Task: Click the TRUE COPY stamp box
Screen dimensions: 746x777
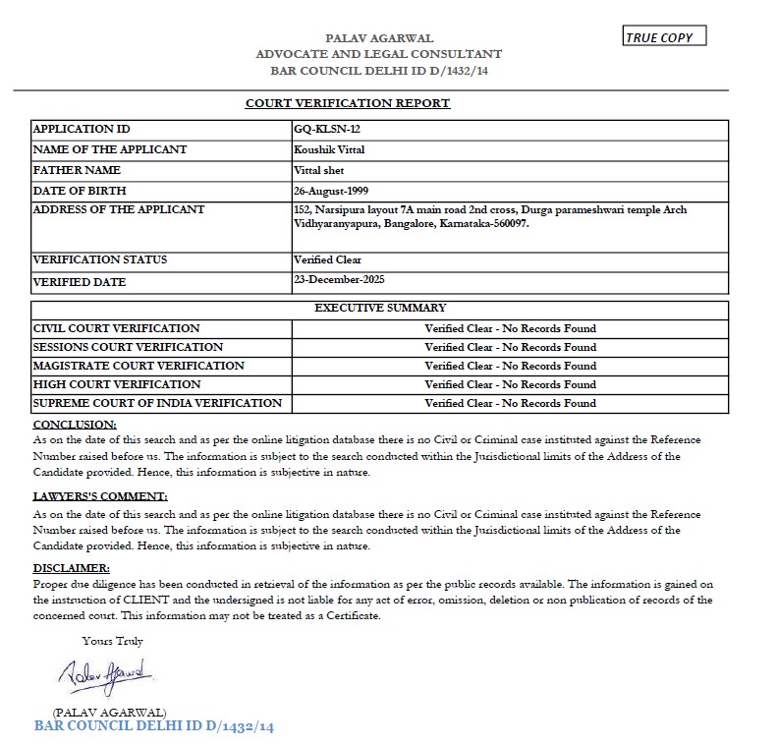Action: pos(664,37)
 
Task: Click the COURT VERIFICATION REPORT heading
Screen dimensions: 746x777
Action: pos(348,103)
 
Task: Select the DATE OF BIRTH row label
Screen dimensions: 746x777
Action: pos(80,191)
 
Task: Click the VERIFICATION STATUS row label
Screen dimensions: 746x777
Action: pos(100,259)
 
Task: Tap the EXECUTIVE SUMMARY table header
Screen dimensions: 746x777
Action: pos(380,309)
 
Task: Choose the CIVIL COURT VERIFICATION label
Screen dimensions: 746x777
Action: pos(117,328)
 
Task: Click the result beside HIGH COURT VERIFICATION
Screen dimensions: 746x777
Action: pos(510,384)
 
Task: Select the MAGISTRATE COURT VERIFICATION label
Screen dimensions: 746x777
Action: pos(139,366)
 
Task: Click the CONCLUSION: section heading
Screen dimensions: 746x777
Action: pos(75,424)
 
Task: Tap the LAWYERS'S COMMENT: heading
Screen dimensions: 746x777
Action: pos(100,496)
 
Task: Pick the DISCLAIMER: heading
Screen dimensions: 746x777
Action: pos(72,568)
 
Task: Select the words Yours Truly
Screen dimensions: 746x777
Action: pos(113,641)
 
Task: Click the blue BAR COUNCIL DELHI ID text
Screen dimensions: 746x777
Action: pos(153,726)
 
